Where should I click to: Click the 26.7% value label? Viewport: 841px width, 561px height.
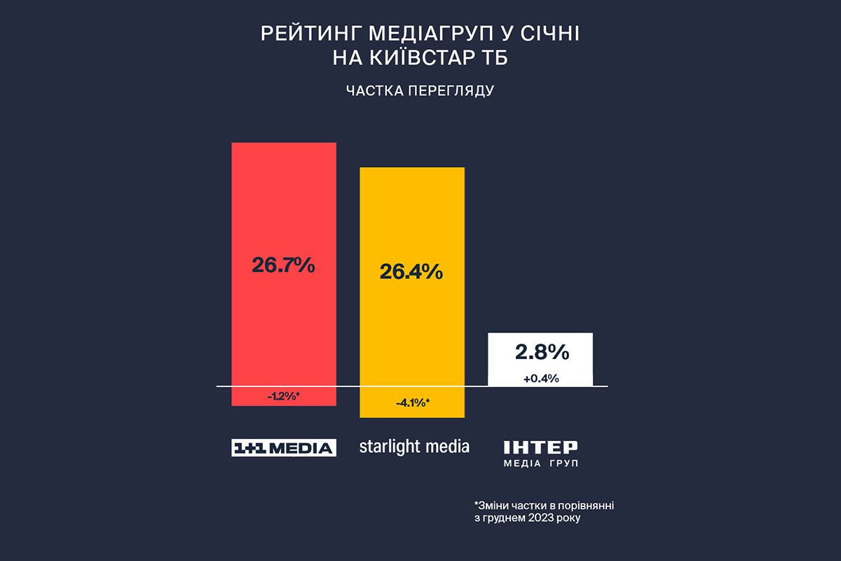(284, 266)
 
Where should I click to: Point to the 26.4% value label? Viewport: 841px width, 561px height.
(411, 271)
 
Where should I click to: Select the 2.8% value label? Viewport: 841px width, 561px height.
(540, 351)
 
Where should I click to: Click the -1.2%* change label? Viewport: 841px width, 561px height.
(284, 397)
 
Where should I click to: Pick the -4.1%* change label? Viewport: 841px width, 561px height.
(412, 403)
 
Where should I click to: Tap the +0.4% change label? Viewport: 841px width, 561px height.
(540, 379)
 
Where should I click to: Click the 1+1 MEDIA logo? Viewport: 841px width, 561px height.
(284, 447)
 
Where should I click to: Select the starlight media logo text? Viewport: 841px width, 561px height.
(414, 447)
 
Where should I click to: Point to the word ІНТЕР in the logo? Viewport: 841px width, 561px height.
(540, 447)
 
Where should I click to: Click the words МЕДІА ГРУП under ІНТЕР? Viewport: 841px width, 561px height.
(540, 464)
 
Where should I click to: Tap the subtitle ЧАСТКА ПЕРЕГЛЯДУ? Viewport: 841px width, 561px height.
(420, 91)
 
